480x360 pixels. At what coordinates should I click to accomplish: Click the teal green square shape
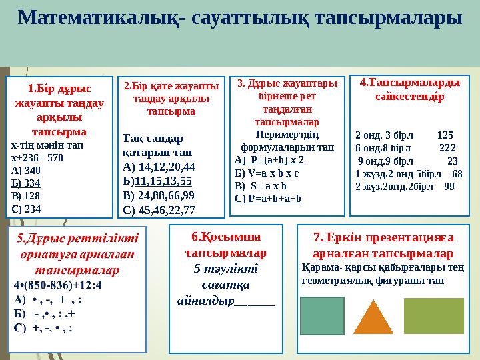click(x=323, y=315)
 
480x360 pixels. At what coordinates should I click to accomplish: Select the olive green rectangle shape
click(x=433, y=315)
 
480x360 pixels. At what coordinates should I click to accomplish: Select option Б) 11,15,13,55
click(x=158, y=181)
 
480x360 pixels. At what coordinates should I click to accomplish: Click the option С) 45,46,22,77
click(x=159, y=210)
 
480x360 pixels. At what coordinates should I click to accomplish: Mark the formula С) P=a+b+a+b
click(x=268, y=198)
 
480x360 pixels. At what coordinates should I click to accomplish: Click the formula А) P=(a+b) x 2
click(x=269, y=160)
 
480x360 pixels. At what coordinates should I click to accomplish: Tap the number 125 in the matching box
click(x=445, y=133)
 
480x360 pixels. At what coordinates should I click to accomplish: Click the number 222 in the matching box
click(x=448, y=147)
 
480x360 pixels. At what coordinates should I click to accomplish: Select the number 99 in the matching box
click(x=449, y=187)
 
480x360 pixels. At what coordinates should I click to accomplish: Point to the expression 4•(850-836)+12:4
click(x=57, y=285)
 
